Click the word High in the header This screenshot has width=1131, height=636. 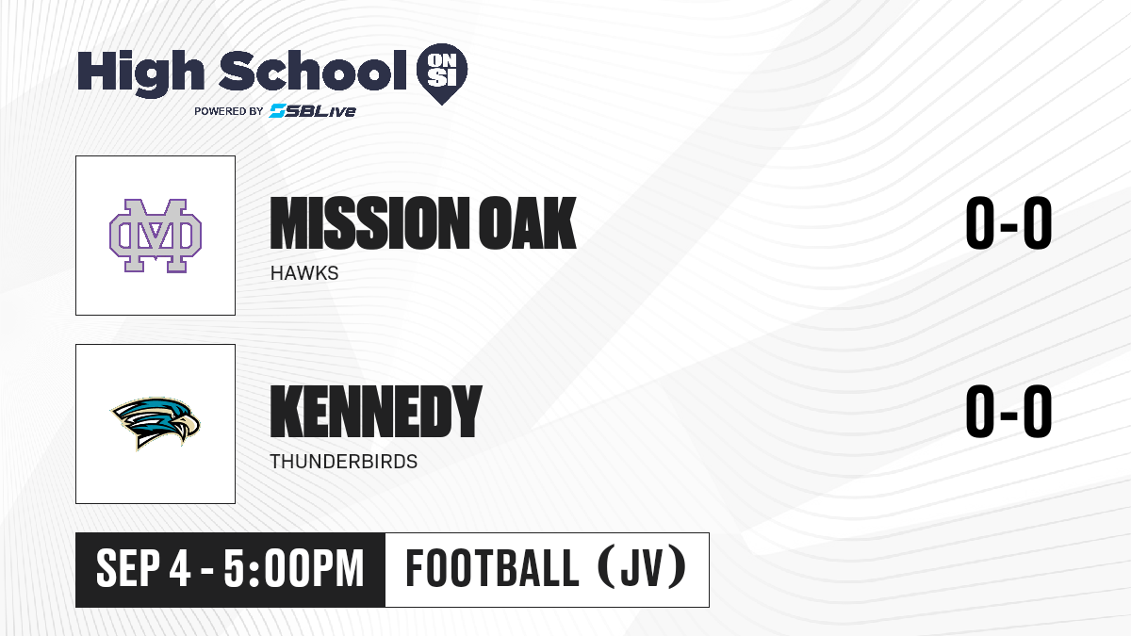tap(140, 73)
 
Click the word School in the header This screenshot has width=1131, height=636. tap(313, 71)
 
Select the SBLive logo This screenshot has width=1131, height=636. tap(313, 111)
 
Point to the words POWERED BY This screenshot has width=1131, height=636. tap(229, 111)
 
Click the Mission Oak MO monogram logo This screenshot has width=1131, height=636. tap(156, 236)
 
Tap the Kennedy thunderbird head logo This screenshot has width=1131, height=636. tap(156, 423)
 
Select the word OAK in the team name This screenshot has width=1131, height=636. tap(528, 223)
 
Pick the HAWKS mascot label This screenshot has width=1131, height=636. tap(304, 273)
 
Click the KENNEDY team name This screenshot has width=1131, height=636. tap(376, 412)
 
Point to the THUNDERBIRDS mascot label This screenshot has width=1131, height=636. tap(344, 462)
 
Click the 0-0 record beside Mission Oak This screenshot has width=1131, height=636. tap(1008, 222)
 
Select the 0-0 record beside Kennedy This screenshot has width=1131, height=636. tap(1008, 411)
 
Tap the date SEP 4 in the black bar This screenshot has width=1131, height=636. tap(143, 568)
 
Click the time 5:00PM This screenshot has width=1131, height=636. tap(294, 568)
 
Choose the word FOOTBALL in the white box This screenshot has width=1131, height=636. tap(492, 568)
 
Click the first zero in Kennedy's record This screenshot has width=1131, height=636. tap(980, 411)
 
